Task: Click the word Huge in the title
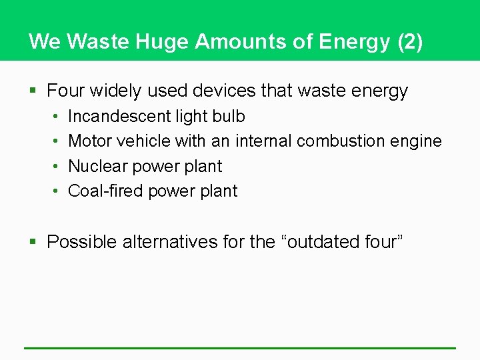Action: (162, 41)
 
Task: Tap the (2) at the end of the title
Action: (409, 41)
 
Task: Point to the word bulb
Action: (229, 116)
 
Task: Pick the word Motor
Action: (89, 141)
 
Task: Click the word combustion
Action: (341, 141)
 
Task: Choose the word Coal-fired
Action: (105, 191)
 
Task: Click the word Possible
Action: (82, 241)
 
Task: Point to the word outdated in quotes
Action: (321, 241)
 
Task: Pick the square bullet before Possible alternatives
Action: (33, 242)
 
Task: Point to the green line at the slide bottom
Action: (240, 347)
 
